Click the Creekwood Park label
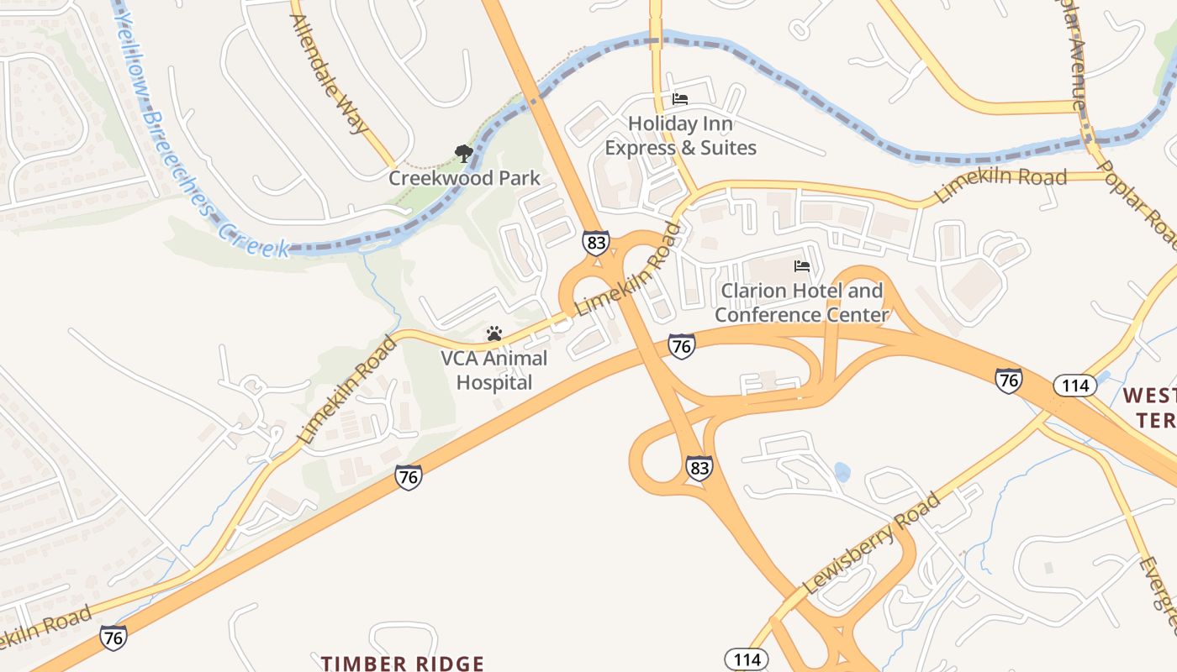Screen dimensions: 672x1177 point(464,178)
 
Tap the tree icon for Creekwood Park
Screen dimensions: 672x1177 point(463,154)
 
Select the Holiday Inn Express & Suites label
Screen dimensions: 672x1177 point(680,136)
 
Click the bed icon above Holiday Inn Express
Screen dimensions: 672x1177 point(680,99)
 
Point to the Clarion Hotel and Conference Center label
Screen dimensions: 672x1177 point(801,302)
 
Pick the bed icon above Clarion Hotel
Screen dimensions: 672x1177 point(802,267)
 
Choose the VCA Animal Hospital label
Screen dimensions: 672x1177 point(494,370)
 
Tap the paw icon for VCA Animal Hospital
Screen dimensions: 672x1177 point(494,333)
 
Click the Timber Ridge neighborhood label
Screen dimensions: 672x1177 point(402,664)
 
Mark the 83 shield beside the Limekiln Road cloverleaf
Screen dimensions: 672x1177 point(595,244)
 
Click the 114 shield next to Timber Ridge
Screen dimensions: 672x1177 point(747,659)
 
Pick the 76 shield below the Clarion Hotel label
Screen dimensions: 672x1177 point(681,346)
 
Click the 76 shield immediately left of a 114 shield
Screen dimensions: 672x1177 point(1009,381)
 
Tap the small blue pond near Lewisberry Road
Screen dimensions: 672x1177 point(842,472)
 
